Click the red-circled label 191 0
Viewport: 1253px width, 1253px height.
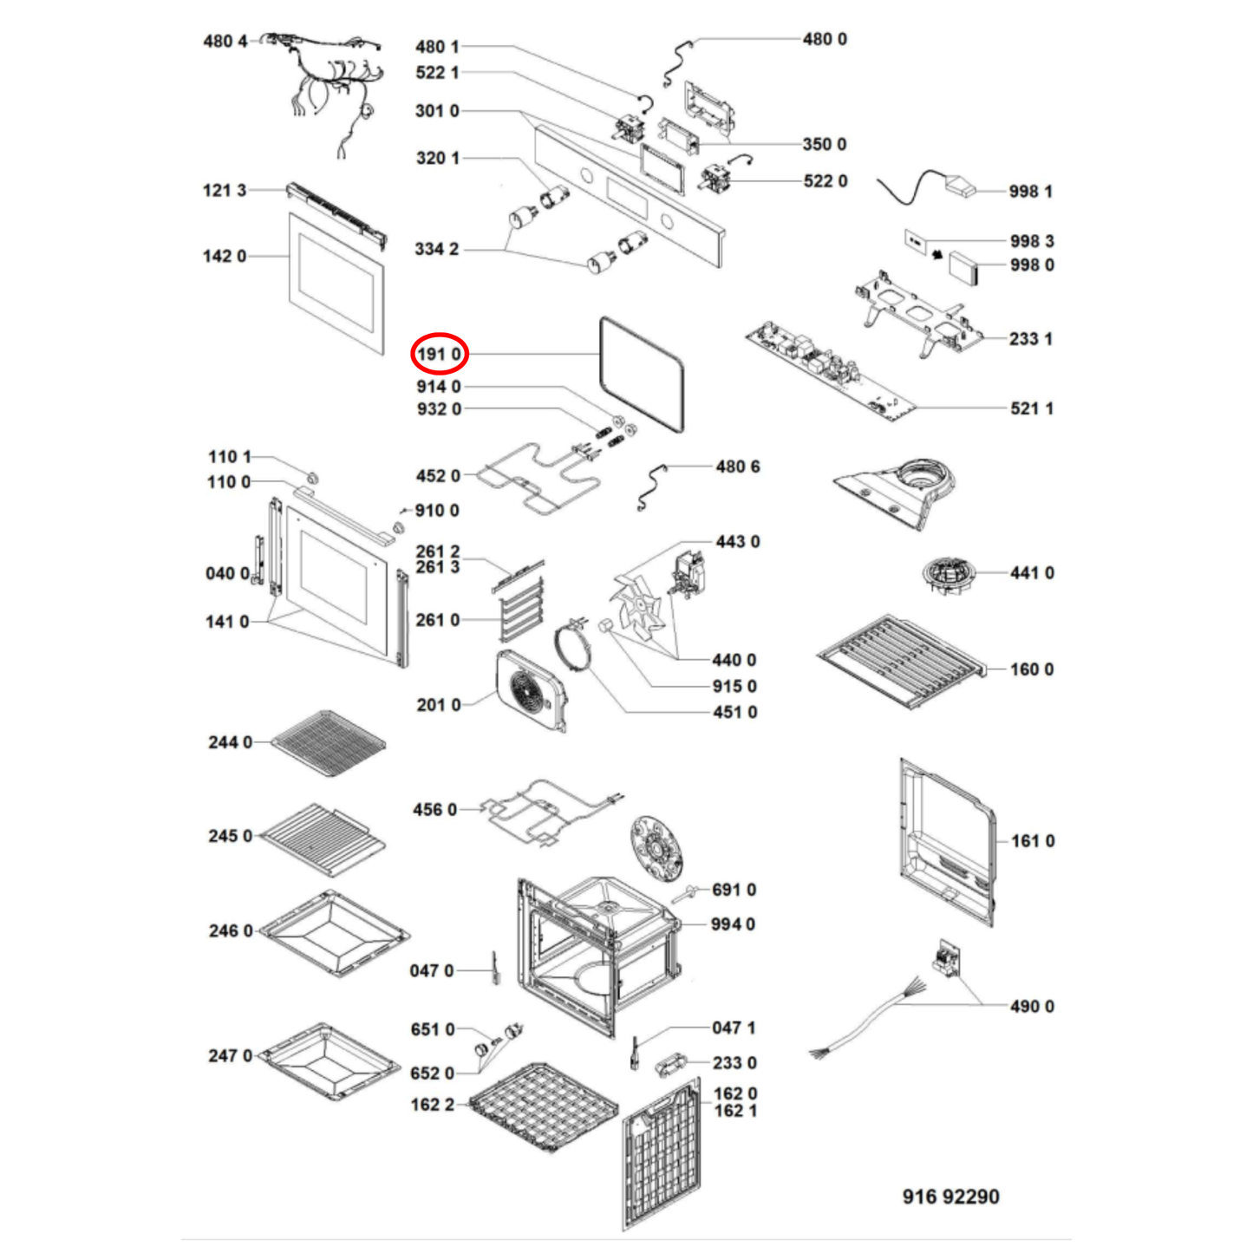point(439,355)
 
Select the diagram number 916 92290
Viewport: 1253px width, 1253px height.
point(950,1197)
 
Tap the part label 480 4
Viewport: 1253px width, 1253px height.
point(225,41)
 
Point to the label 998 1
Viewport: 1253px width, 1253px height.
point(1030,192)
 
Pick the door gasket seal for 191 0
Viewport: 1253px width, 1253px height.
point(642,374)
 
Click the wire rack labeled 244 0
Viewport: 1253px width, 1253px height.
point(328,741)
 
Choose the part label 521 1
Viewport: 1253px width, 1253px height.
point(1031,408)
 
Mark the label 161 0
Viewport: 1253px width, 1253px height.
point(1032,841)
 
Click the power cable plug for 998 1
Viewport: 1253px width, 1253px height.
point(958,186)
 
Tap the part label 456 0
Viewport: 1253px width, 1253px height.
point(434,810)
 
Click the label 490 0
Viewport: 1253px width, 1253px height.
point(1031,1007)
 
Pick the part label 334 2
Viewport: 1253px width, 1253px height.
point(437,250)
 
